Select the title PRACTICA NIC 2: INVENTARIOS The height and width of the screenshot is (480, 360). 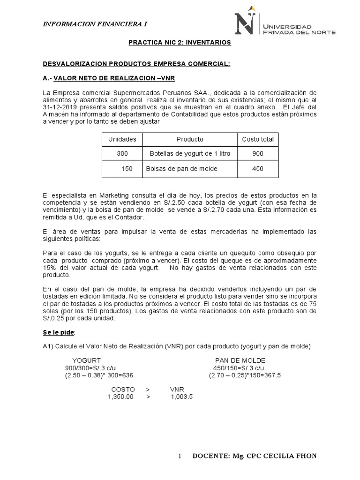tap(180, 43)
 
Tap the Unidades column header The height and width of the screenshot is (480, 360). tap(122, 139)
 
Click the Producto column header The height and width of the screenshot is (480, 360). tap(190, 139)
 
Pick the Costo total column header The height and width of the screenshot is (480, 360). tap(258, 139)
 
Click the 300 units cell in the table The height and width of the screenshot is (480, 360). tap(122, 154)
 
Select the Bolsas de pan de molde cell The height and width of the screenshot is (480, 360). tap(182, 169)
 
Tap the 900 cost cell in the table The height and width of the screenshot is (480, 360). tap(258, 154)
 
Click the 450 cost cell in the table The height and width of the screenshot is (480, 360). tap(258, 169)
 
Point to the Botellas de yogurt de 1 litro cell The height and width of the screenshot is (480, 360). tap(190, 154)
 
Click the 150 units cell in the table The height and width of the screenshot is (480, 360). tap(127, 169)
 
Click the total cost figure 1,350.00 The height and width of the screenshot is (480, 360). tap(121, 397)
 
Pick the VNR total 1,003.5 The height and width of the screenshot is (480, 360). tap(182, 397)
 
